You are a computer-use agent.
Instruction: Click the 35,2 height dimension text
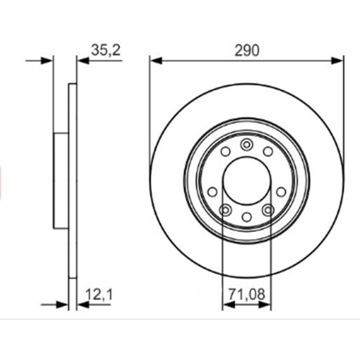click(106, 50)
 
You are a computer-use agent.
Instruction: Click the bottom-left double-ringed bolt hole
click(224, 210)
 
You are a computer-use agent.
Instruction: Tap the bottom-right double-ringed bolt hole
click(269, 210)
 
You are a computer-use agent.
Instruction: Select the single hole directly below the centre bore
click(246, 217)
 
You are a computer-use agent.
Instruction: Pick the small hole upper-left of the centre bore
click(225, 151)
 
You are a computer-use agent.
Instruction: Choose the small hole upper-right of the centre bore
click(268, 151)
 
